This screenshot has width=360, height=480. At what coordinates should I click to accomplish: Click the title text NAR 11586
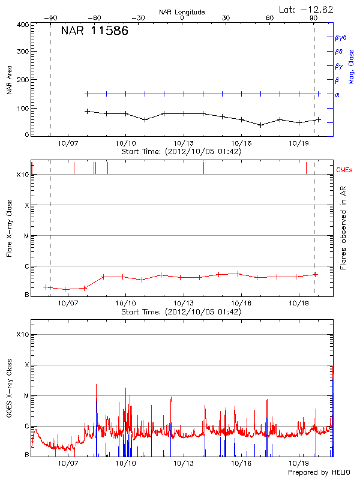94,32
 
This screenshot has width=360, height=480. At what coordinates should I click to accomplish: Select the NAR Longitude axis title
182,12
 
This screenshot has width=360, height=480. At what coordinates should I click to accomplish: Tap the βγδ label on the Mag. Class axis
340,37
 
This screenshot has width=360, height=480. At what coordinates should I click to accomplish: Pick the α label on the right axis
337,94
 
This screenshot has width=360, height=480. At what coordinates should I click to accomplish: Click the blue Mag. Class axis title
352,66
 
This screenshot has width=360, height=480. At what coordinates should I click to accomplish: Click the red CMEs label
344,170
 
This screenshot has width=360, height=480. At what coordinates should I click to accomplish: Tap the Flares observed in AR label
343,228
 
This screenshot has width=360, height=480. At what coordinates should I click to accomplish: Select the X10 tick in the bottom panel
23,334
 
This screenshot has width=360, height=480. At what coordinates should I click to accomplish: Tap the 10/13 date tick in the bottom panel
184,463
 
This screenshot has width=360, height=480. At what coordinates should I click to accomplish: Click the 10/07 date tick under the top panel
68,144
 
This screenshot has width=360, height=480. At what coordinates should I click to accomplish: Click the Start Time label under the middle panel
181,312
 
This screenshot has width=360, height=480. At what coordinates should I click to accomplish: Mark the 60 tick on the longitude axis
270,19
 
